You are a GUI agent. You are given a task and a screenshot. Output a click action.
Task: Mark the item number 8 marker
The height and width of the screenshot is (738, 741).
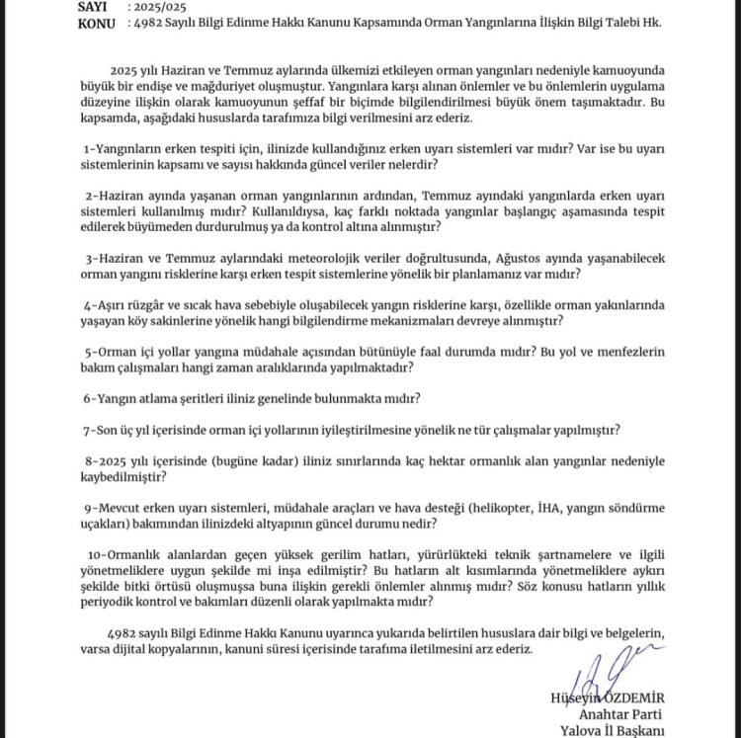pyautogui.click(x=89, y=462)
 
